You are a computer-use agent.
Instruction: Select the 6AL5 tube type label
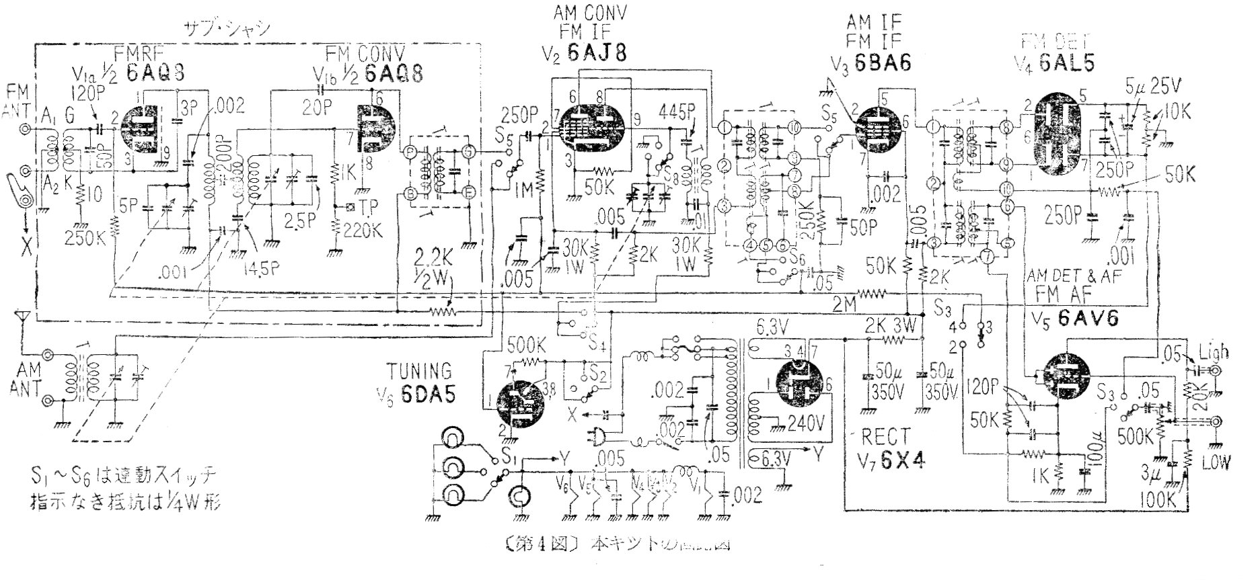pyautogui.click(x=1064, y=62)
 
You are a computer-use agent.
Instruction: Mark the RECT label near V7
pyautogui.click(x=886, y=438)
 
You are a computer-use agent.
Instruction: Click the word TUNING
pyautogui.click(x=418, y=370)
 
